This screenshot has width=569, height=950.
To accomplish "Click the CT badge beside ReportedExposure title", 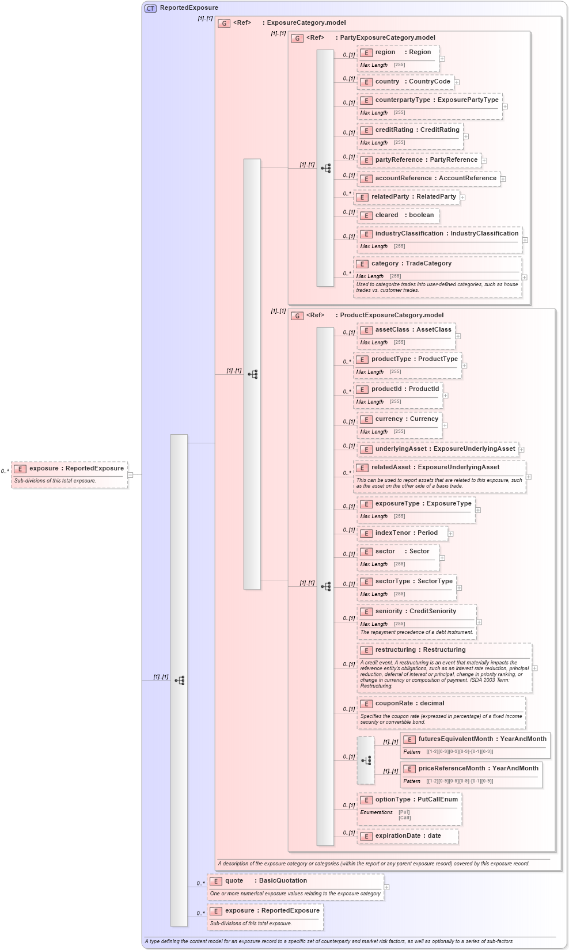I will [x=150, y=8].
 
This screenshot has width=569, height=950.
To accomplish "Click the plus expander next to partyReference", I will [x=484, y=161].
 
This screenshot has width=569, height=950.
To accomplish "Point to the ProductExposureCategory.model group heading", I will [x=392, y=316].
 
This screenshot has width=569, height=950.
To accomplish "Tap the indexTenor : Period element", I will [x=406, y=533].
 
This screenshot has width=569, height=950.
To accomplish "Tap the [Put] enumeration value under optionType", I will [x=404, y=812].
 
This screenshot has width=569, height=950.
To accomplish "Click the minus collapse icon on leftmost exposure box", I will [x=131, y=475].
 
